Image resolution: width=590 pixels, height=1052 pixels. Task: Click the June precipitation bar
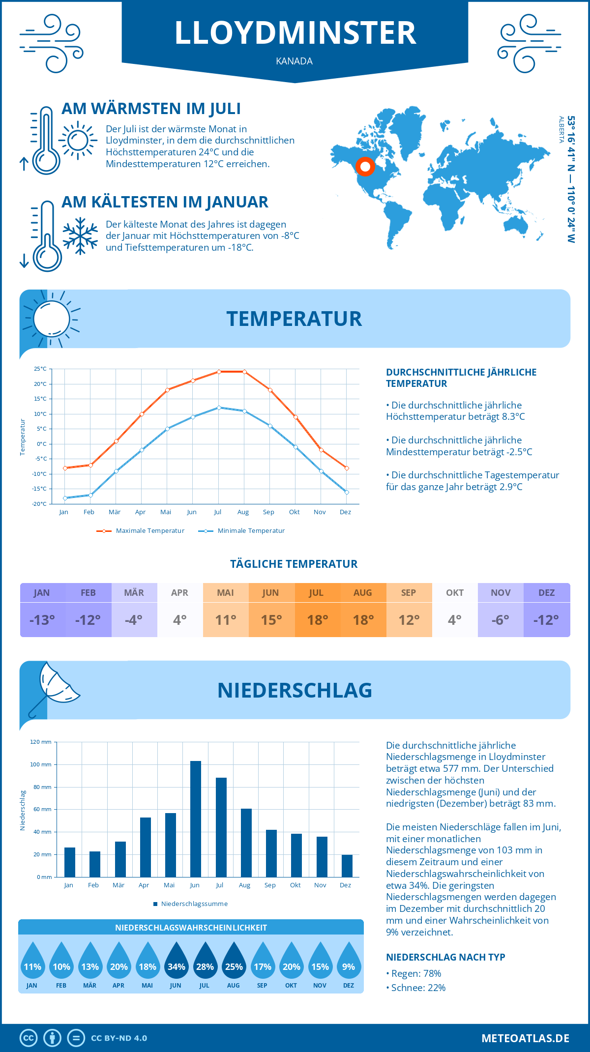pyautogui.click(x=196, y=819)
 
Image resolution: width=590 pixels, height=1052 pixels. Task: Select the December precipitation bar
pyautogui.click(x=347, y=866)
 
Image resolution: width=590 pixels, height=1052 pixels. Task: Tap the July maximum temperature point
pyautogui.click(x=219, y=372)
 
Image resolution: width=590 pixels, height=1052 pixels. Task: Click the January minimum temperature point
pyautogui.click(x=65, y=498)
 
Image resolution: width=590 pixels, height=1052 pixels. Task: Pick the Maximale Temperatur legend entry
pyautogui.click(x=141, y=531)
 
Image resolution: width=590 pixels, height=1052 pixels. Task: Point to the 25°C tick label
pyautogui.click(x=40, y=369)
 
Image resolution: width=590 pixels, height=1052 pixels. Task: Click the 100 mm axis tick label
pyautogui.click(x=40, y=764)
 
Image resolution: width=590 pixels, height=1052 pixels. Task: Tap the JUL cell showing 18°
pyautogui.click(x=317, y=620)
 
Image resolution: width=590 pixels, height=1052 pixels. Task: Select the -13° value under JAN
pyautogui.click(x=42, y=620)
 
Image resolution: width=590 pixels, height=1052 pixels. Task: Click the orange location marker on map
pyautogui.click(x=365, y=167)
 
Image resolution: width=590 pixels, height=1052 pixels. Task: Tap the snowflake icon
pyautogui.click(x=80, y=236)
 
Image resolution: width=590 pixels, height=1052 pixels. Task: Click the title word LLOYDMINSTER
pyautogui.click(x=295, y=33)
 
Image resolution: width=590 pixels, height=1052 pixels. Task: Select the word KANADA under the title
pyautogui.click(x=295, y=61)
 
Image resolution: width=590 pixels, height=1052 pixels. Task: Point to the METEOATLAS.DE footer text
pyautogui.click(x=525, y=1038)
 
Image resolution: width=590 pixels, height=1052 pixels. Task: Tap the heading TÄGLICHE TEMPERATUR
pyautogui.click(x=294, y=564)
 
